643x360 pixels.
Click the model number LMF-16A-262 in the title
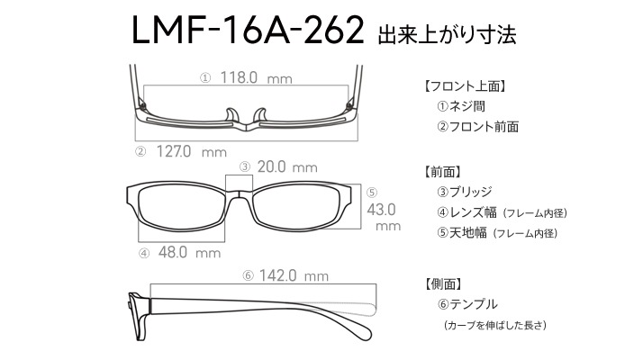(x=248, y=31)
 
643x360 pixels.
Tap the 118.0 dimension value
(x=239, y=77)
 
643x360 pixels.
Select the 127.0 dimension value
(x=174, y=152)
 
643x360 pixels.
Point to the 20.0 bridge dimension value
(x=271, y=166)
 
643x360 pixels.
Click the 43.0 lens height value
(x=381, y=210)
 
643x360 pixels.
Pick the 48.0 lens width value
(x=173, y=252)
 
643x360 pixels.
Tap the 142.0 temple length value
(x=277, y=275)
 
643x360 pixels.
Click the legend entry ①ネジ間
(x=461, y=106)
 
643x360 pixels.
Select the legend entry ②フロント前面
(x=477, y=127)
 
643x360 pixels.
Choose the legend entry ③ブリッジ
(x=465, y=192)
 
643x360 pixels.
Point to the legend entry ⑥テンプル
(x=467, y=304)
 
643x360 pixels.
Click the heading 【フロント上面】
(x=465, y=86)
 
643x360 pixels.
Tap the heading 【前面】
(x=443, y=172)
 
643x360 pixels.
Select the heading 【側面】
(x=443, y=283)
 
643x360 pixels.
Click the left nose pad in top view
(x=232, y=115)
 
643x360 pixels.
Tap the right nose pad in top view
(x=260, y=115)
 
